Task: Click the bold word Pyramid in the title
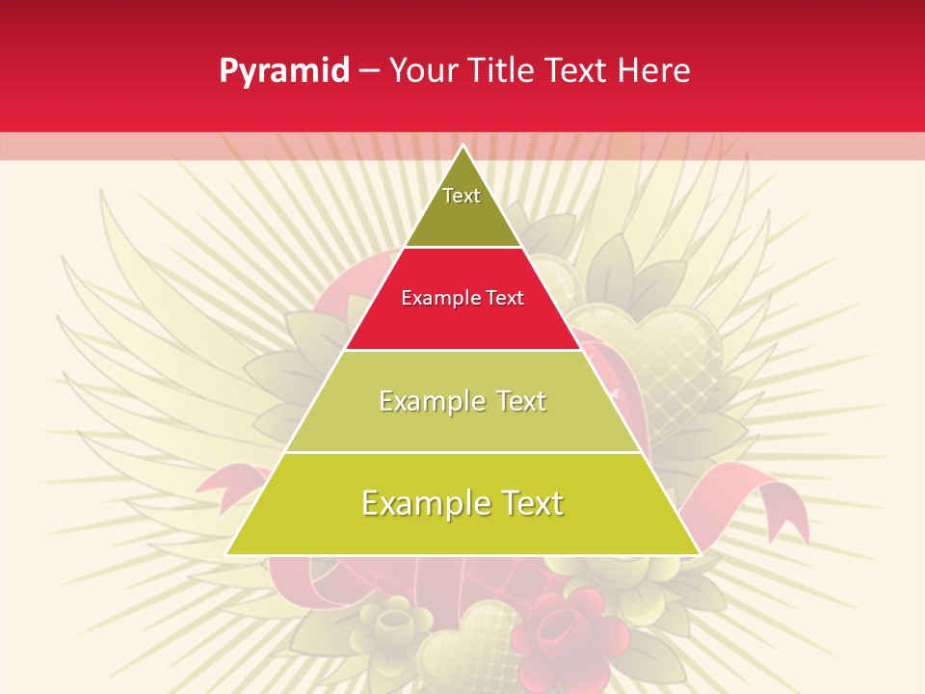[283, 70]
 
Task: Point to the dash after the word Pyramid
[368, 71]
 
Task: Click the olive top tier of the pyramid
[462, 217]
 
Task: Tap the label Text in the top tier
[462, 196]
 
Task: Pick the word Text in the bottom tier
[530, 503]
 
